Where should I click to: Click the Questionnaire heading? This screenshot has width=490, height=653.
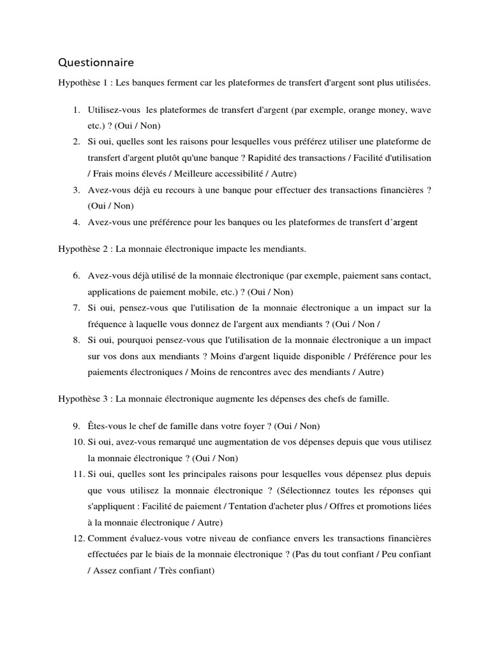point(96,62)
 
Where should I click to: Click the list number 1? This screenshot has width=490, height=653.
point(76,110)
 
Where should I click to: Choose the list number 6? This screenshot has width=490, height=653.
point(76,276)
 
